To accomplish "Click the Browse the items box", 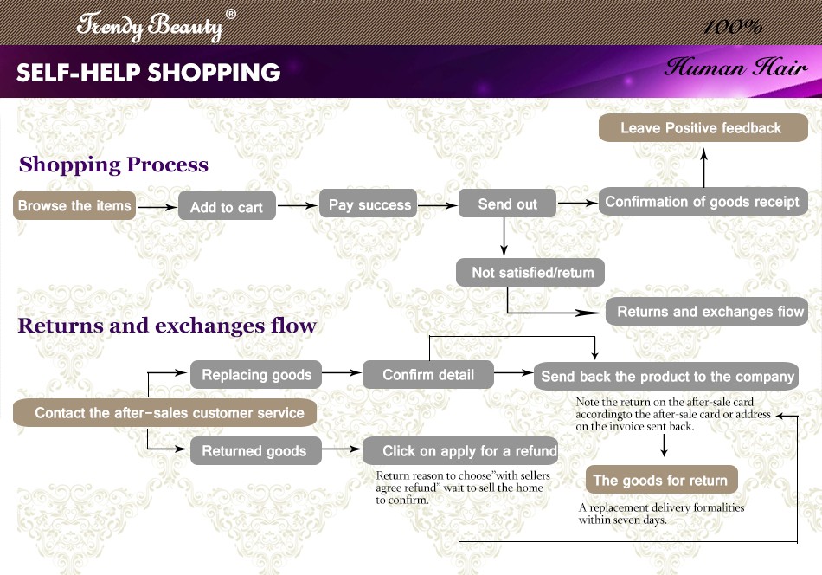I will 75,205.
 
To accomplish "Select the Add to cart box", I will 227,207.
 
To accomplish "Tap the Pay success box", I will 369,204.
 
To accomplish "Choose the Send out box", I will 508,204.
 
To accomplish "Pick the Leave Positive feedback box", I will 702,128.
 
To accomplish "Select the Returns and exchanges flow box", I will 709,312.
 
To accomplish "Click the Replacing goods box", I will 256,375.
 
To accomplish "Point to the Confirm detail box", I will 428,375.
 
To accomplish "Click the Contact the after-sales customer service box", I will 164,413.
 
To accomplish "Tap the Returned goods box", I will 254,451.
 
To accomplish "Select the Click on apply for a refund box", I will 459,451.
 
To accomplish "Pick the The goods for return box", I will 660,481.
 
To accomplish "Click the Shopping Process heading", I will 113,165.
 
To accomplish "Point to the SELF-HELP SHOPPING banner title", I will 148,73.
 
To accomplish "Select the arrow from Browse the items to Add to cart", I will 157,207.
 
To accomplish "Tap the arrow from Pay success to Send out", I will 437,205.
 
